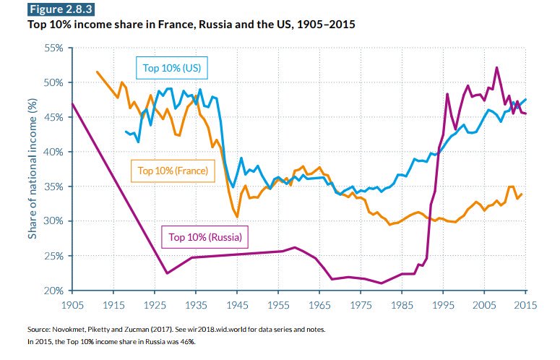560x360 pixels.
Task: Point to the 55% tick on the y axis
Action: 53,48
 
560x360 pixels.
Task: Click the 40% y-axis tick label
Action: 53,152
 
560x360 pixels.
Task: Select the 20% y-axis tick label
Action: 53,291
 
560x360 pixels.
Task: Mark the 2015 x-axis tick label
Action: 525,305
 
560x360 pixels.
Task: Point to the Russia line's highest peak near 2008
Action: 496,67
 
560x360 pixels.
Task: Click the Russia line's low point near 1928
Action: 167,273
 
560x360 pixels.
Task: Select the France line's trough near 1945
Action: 238,216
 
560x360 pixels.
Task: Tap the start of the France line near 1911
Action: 97,72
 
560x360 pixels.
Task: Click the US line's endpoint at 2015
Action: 525,99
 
